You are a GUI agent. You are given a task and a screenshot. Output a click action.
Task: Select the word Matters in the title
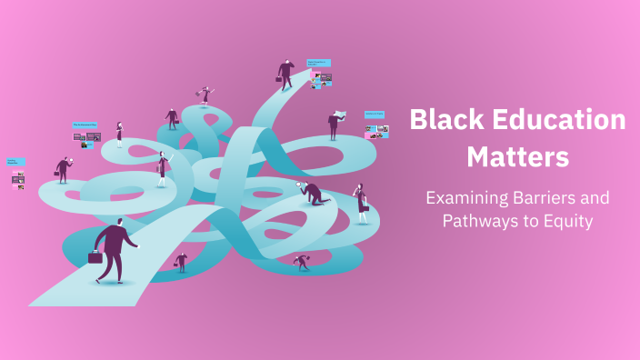[517, 156]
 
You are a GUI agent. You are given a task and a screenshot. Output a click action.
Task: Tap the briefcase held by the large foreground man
[95, 257]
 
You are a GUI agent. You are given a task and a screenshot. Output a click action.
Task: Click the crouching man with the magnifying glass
[312, 193]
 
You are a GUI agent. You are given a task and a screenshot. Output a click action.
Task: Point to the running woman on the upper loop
[205, 94]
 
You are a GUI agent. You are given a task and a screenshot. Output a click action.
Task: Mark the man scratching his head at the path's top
[285, 75]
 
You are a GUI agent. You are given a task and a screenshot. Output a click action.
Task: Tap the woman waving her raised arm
[162, 169]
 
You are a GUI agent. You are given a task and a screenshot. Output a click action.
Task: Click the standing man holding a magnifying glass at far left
[63, 170]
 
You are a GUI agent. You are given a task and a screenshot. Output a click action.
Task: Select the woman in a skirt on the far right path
[362, 203]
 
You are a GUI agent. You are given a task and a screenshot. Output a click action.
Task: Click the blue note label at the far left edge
[16, 162]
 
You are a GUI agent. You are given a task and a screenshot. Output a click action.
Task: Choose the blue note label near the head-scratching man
[318, 63]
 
